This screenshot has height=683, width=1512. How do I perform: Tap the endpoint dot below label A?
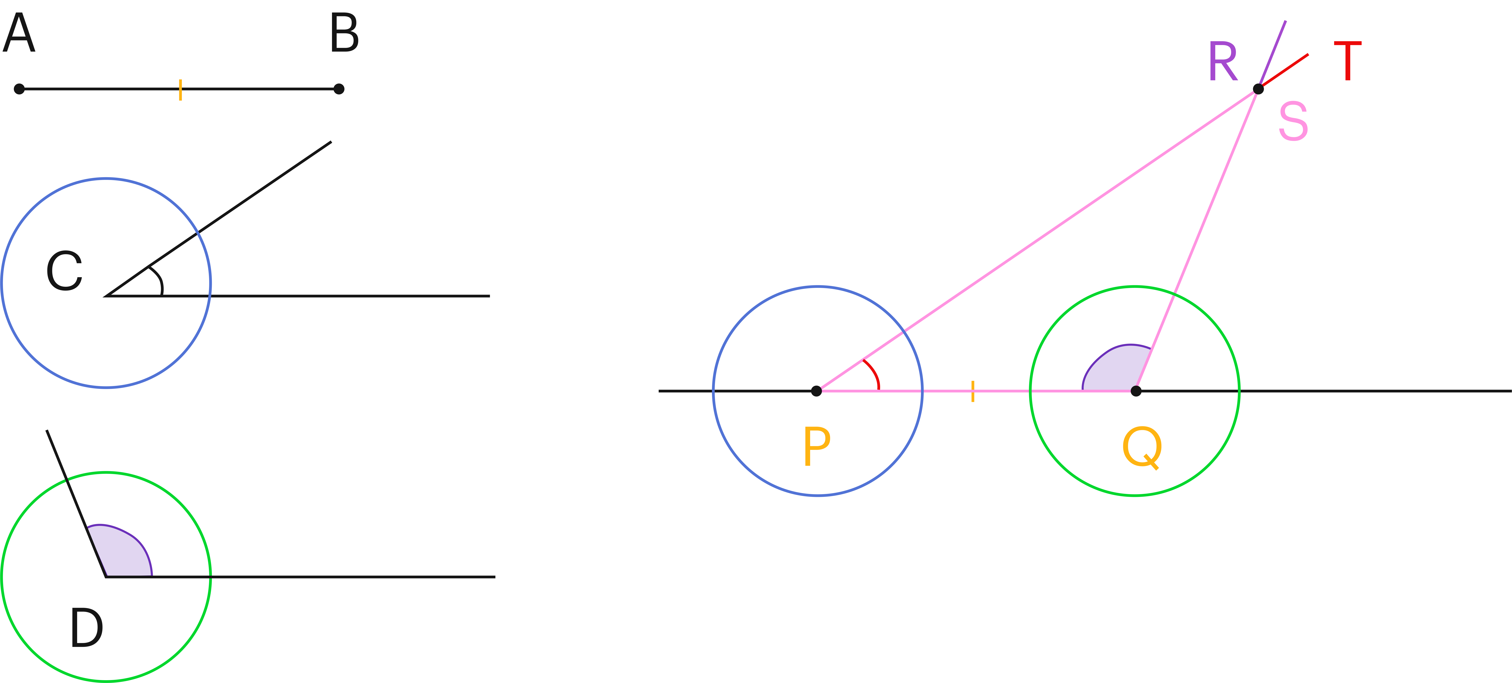tap(19, 89)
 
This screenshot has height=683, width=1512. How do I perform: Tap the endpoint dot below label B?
tap(339, 89)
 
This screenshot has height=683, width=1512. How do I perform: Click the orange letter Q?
tap(1142, 448)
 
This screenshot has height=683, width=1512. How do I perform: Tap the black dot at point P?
tap(816, 390)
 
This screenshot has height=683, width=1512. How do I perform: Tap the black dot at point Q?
tap(1136, 390)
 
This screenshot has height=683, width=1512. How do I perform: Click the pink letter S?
tap(1293, 121)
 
